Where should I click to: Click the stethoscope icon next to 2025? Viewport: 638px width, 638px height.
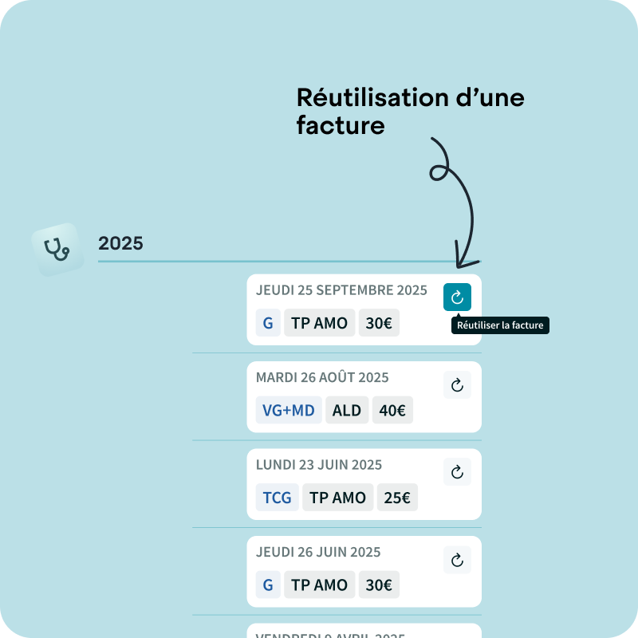pos(57,249)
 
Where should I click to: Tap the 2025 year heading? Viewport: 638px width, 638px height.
pos(120,243)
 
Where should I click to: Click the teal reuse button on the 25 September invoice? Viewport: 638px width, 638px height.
pos(457,297)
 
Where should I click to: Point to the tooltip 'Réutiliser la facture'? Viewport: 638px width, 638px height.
pos(501,325)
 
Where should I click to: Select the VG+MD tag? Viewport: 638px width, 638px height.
pos(289,411)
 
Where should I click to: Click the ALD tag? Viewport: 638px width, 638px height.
pos(347,411)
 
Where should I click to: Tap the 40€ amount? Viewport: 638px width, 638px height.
pos(392,411)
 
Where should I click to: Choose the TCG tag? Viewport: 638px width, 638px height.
pos(278,498)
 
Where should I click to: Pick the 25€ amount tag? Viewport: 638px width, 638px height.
pos(397,498)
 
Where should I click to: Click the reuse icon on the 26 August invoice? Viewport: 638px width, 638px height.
pos(457,385)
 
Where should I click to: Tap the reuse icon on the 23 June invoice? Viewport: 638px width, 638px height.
pos(457,472)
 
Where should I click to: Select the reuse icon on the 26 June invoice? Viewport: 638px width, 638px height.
pos(457,560)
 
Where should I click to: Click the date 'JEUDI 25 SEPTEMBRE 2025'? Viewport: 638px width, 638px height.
pos(341,290)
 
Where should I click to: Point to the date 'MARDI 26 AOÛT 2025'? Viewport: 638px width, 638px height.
pos(322,377)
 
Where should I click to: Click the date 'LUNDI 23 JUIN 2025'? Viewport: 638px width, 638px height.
pos(319,464)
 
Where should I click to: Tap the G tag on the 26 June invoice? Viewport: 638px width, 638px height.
pos(268,585)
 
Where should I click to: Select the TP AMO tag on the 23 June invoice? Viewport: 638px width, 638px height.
pos(337,498)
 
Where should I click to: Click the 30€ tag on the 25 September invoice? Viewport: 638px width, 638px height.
pos(379,323)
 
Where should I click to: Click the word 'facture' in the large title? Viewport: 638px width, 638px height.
pos(341,125)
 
